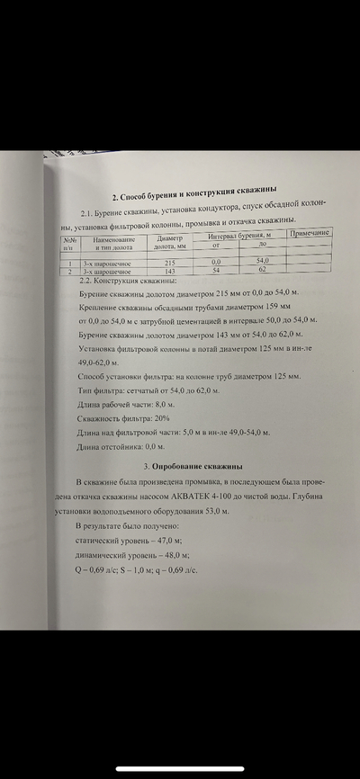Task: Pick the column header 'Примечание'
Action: tap(309, 233)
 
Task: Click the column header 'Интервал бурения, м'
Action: tap(240, 235)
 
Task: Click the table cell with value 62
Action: tap(262, 269)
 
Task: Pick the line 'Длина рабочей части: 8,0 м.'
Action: tap(130, 404)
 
